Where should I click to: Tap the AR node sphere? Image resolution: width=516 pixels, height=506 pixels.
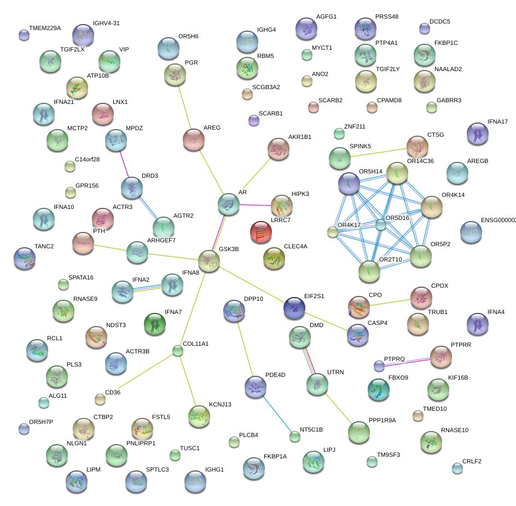pyautogui.click(x=229, y=204)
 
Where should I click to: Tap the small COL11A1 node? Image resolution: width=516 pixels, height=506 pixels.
pyautogui.click(x=177, y=351)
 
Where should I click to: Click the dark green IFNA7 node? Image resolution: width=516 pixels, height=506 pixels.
pyautogui.click(x=154, y=323)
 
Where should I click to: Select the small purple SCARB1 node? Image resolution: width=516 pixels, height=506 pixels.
pyautogui.click(x=253, y=120)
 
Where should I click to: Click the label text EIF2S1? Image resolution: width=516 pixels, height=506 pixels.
pyautogui.click(x=314, y=296)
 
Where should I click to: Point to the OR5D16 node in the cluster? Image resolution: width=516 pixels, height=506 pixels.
pyautogui.click(x=381, y=225)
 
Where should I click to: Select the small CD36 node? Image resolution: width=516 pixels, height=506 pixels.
pyautogui.click(x=100, y=399)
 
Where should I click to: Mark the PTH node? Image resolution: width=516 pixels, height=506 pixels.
pyautogui.click(x=83, y=243)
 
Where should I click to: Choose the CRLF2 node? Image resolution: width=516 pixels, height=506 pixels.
pyautogui.click(x=457, y=468)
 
